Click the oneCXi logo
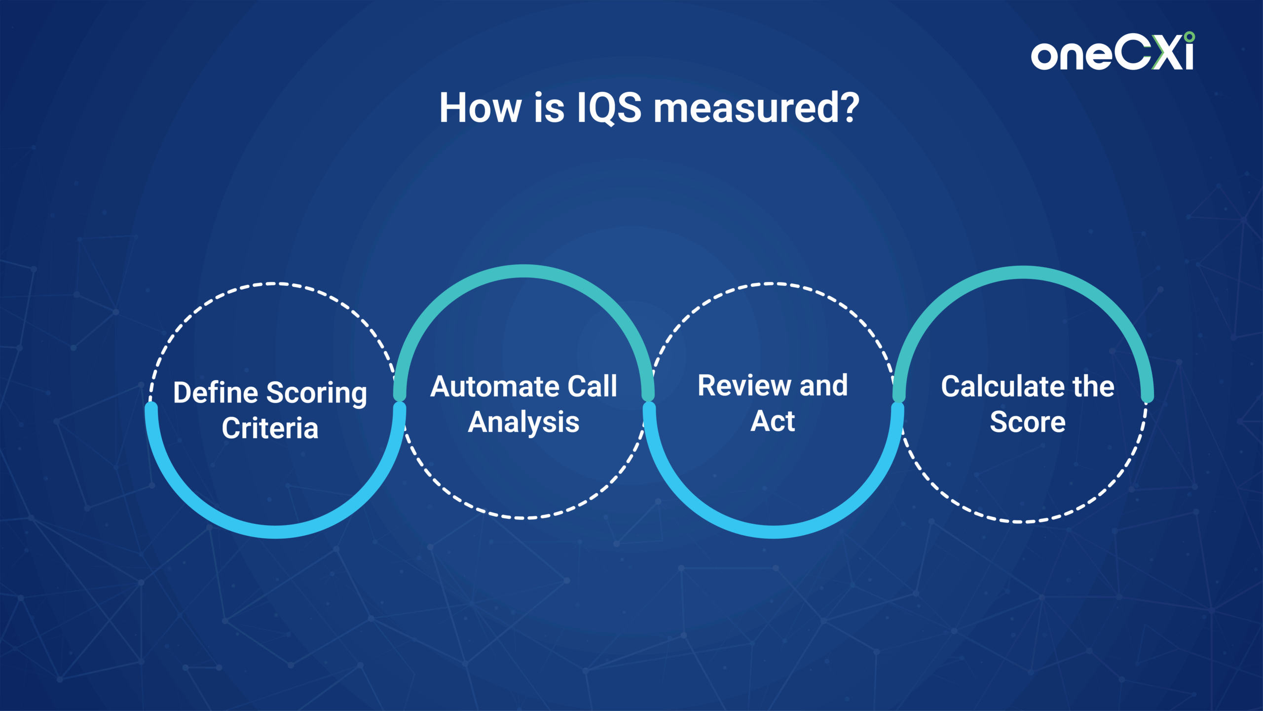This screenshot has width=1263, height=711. point(1113,51)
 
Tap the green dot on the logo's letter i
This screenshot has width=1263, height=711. point(1189,37)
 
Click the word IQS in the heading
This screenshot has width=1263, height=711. point(609,108)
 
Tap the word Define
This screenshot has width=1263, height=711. point(216,393)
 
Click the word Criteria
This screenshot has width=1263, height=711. point(270,428)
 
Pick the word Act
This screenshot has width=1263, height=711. point(773,421)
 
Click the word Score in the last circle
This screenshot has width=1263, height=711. point(1028,422)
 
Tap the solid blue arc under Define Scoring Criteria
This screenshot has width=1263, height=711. point(275,532)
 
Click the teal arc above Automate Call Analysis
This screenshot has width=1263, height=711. point(524,271)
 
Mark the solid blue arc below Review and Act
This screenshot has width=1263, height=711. point(773,532)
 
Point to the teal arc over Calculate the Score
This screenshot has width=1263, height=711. point(1023,273)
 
